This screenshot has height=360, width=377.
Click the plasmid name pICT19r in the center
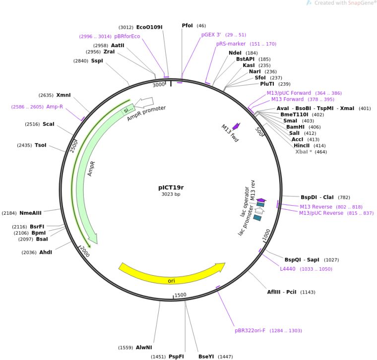pos(171,187)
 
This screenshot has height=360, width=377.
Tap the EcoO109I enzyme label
pos(149,27)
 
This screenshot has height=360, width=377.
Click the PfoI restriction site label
pos(188,25)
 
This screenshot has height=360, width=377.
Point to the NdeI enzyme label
pos(236,53)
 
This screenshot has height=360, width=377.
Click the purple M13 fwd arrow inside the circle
pos(235,127)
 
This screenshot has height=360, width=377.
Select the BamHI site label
pos(296,127)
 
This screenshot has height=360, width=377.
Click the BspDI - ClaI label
pos(317,197)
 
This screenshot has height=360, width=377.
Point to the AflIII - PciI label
pos(282,292)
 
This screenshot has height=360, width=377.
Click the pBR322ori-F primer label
pos(251,330)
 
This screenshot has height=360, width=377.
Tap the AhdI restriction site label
pos(46,252)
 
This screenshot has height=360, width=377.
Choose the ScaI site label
pos(49,124)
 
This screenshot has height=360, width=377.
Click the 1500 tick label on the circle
pos(181,295)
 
